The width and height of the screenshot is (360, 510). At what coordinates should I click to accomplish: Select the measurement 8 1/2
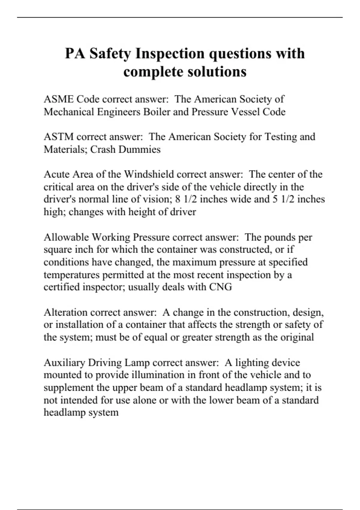point(186,199)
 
